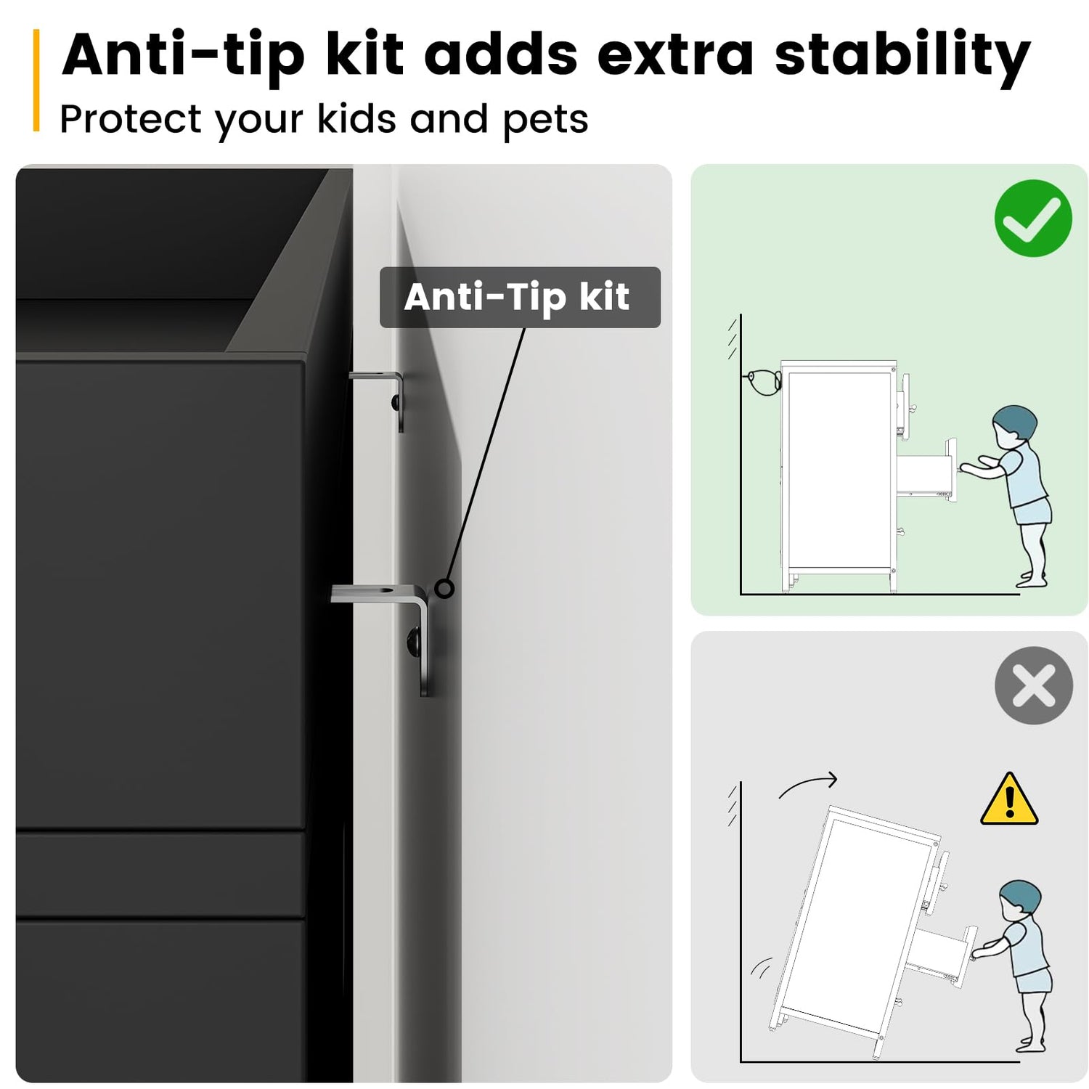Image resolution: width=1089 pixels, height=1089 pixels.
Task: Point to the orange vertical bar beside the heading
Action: tap(36, 81)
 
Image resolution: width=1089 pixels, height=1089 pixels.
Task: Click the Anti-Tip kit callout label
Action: tap(520, 297)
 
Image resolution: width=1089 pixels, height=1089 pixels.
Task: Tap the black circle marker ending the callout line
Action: tap(444, 588)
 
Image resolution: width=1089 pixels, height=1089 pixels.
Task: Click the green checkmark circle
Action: tap(1033, 218)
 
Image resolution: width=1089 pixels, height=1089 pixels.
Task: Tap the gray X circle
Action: tap(1033, 685)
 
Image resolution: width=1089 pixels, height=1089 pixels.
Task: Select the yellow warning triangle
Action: tap(1009, 799)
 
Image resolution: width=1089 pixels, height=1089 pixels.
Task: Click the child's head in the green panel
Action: tap(1013, 425)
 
